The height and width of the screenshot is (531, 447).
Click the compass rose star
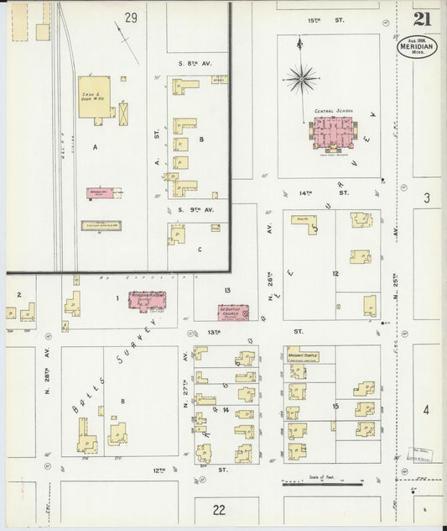[301, 79]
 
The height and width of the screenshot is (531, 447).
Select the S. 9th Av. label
[196, 208]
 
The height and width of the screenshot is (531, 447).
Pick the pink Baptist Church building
[239, 311]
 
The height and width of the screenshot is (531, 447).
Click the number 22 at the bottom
[220, 509]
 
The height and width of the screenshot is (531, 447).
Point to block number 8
[122, 402]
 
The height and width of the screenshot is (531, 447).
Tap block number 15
[335, 407]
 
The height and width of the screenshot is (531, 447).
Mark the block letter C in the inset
[200, 249]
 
